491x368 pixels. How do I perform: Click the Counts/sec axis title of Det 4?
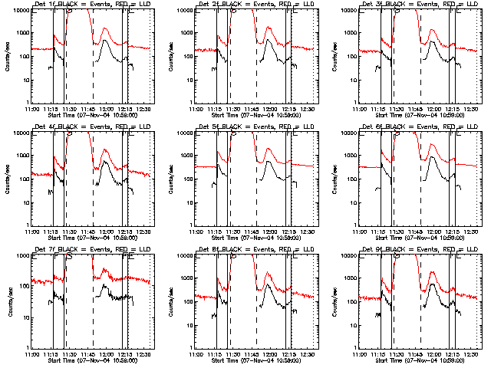point(8,179)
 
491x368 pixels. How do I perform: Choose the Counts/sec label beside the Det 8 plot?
point(173,301)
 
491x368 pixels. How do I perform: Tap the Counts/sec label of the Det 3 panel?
point(337,56)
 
